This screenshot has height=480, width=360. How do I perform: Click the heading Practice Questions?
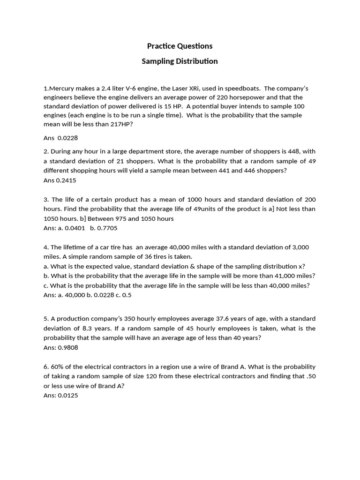pos(180,46)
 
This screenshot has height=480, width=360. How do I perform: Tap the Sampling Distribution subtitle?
pos(180,61)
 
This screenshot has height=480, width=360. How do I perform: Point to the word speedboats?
pos(242,88)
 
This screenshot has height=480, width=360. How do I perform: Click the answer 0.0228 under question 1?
pos(67,138)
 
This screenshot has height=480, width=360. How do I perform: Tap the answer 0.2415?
pos(66,180)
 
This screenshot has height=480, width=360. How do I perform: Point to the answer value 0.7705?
pos(107,228)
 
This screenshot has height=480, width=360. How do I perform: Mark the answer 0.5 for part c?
pos(127,295)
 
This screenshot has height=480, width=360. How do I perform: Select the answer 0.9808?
pos(68,348)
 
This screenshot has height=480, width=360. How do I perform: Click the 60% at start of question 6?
pos(58,367)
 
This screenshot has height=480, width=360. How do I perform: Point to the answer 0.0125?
pos(68,395)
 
